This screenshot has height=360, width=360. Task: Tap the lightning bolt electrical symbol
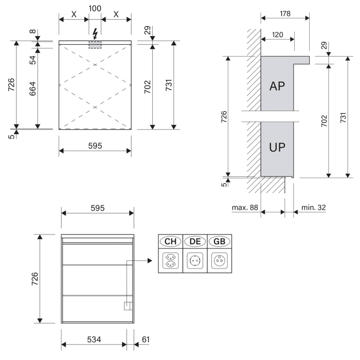(95, 34)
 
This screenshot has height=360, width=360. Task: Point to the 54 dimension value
(32, 59)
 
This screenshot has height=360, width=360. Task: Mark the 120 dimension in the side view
(277, 34)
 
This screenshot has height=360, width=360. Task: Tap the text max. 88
(244, 208)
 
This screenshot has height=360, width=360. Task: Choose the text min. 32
(313, 208)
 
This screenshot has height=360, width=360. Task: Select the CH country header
(171, 241)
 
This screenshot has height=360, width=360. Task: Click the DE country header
(195, 241)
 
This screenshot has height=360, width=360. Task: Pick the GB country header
(219, 241)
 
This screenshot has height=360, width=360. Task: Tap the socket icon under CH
(171, 260)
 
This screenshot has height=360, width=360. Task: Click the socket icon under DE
(195, 260)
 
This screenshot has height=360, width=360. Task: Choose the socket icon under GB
(219, 260)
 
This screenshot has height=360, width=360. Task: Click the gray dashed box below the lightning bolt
(95, 45)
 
